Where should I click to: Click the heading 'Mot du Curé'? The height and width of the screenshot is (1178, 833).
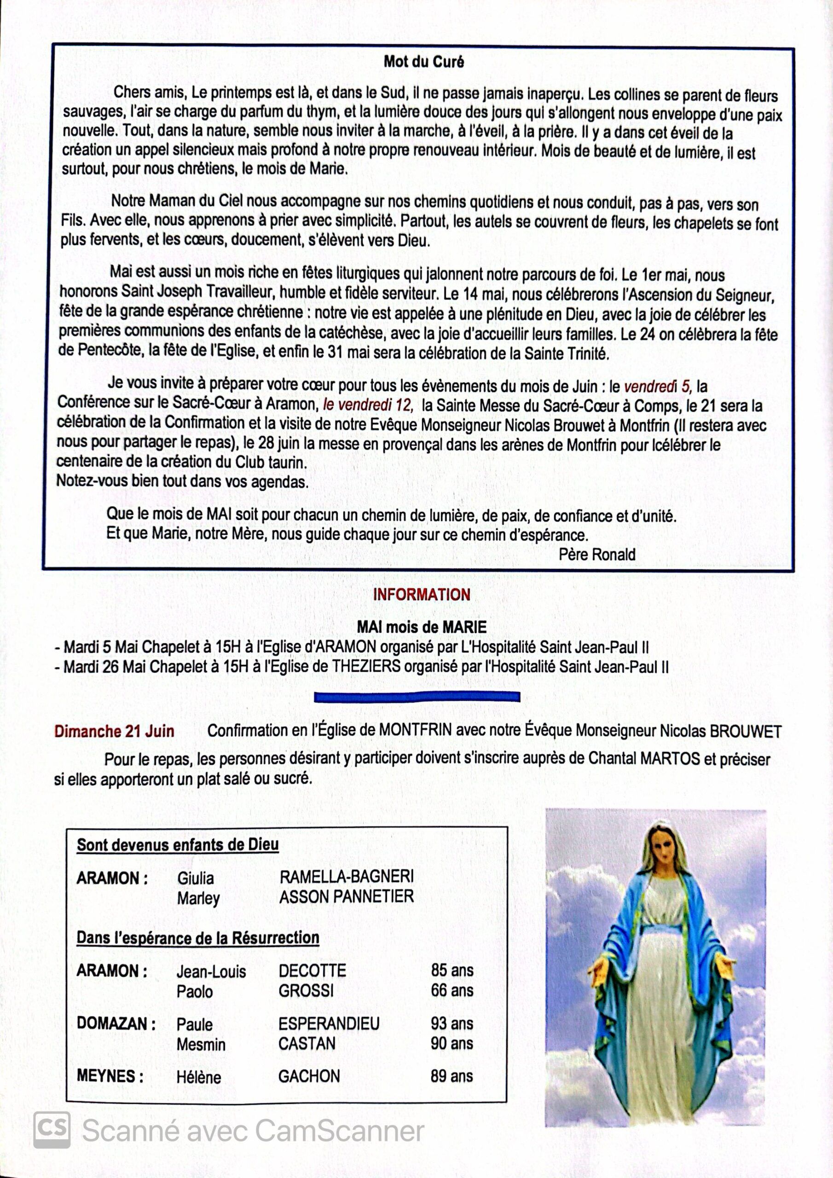(423, 62)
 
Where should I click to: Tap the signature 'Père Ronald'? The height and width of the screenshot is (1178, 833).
(597, 554)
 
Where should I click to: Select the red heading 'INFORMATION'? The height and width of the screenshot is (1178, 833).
(422, 595)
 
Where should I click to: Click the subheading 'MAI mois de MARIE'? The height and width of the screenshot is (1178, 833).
(422, 627)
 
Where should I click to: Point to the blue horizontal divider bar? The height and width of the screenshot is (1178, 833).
(417, 697)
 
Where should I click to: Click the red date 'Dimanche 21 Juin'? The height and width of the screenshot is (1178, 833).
(114, 731)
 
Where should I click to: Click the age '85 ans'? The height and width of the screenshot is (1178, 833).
(451, 970)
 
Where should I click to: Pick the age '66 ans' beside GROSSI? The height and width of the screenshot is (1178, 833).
(451, 990)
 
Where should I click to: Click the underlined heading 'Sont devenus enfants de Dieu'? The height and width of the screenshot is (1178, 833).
(178, 845)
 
